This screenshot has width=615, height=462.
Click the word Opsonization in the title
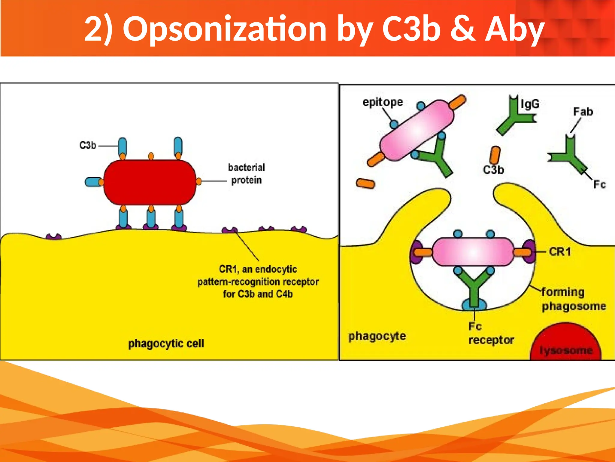tap(225, 29)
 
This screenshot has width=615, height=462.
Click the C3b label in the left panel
tap(87, 145)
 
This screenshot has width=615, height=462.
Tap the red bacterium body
tap(150, 182)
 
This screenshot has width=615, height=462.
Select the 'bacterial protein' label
tap(246, 174)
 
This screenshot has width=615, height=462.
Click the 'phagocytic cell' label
tap(166, 343)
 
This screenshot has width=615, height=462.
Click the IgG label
tap(530, 104)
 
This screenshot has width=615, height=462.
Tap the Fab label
tap(583, 112)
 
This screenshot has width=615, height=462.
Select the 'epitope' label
tap(383, 102)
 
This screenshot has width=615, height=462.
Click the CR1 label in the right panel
tap(559, 251)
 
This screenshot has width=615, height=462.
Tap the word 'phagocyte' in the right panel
tap(377, 336)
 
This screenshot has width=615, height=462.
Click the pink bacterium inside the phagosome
tap(473, 252)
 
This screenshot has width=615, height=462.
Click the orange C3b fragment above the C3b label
tap(495, 155)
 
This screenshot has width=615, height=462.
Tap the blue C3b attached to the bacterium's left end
tap(92, 182)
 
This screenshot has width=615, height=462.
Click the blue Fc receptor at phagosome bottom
tap(474, 304)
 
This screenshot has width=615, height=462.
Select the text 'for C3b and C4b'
tap(258, 294)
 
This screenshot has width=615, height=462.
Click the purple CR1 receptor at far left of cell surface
tap(54, 237)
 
